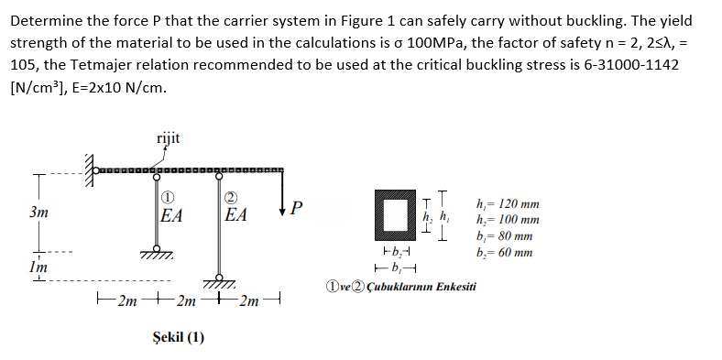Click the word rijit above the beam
168,138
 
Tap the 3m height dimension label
38,211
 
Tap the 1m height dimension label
38,267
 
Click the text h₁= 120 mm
509,204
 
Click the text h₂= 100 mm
509,220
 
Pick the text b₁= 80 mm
506,236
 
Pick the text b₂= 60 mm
506,252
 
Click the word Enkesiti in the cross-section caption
448,287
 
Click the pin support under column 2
220,278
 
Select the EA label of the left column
171,216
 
